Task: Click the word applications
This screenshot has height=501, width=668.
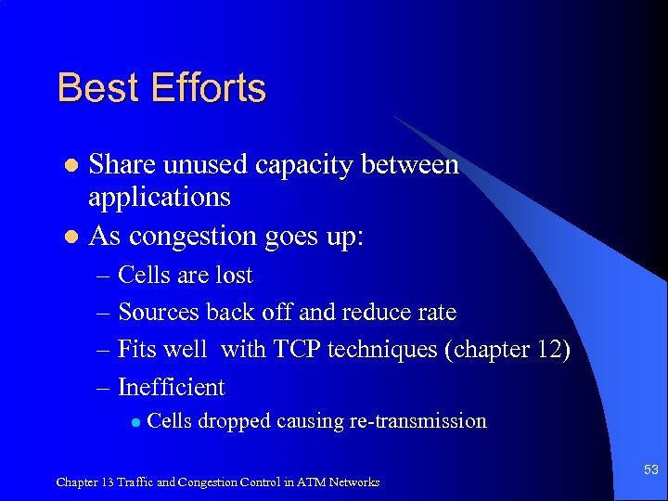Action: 159,198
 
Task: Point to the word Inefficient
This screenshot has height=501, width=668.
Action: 172,387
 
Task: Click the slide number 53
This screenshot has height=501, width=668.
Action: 649,470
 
